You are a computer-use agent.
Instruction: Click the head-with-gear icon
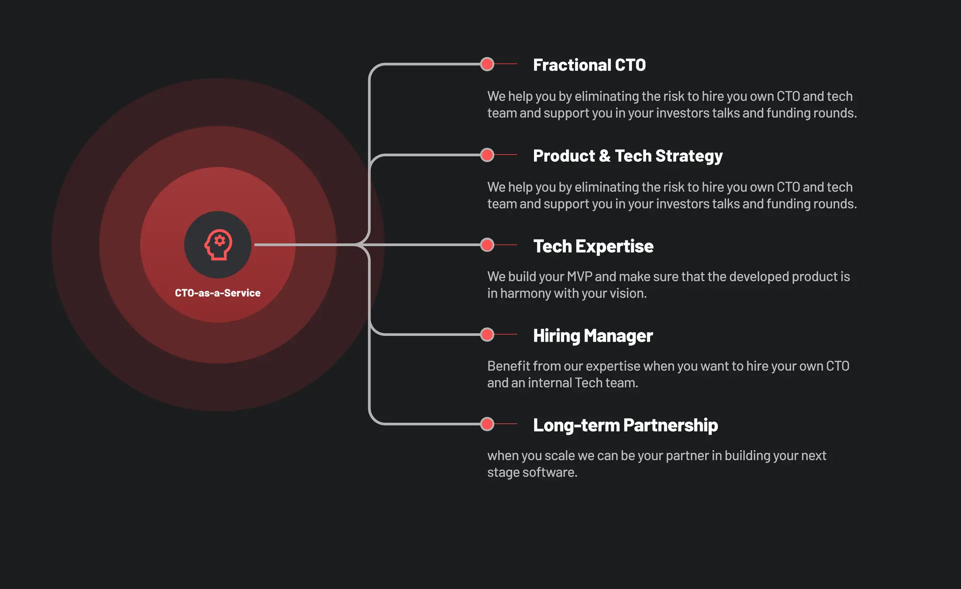(218, 244)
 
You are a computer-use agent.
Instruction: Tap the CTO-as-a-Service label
(218, 293)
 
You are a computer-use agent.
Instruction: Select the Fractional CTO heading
(589, 65)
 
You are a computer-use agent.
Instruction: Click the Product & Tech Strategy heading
(628, 156)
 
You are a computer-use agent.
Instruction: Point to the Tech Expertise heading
(593, 246)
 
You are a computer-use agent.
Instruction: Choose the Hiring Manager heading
(593, 336)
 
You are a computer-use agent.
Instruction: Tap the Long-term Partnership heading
(625, 425)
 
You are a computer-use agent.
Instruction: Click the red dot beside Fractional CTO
(487, 64)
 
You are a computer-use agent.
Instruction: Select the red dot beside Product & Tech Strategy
(487, 155)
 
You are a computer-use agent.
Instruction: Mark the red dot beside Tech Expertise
(487, 245)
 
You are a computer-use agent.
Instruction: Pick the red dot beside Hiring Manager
(487, 335)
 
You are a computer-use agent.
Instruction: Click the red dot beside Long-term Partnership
(487, 424)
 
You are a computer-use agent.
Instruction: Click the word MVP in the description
(579, 276)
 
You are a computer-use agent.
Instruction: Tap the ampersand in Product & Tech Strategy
(605, 156)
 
